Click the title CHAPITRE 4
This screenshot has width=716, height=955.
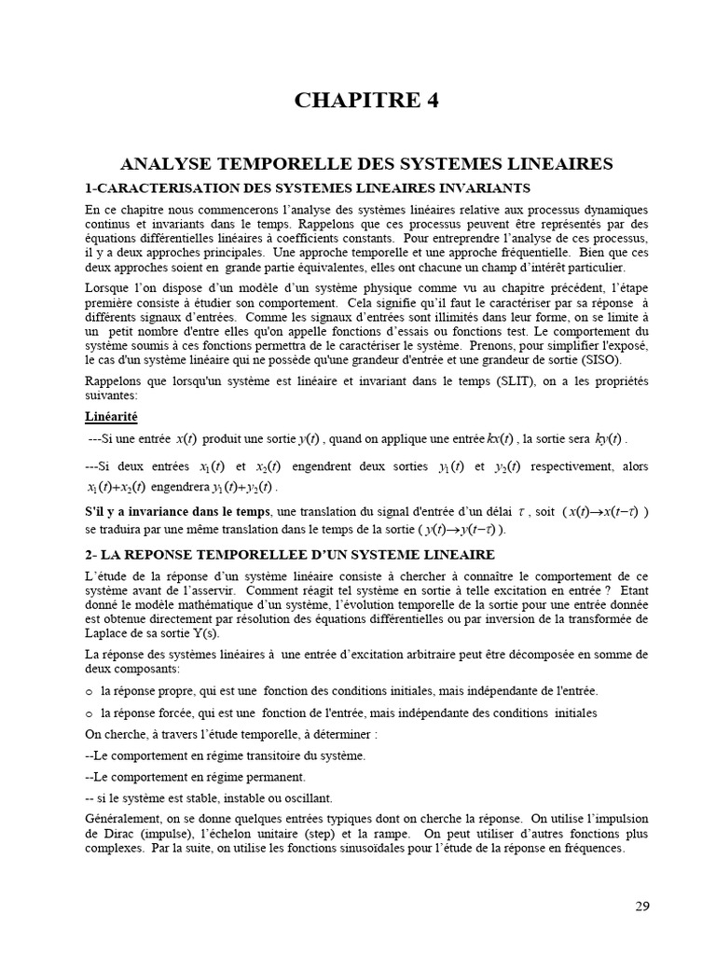(366, 101)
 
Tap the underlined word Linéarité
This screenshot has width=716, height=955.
(111, 416)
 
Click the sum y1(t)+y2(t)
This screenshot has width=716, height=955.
(243, 487)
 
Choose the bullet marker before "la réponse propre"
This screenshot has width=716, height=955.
(89, 691)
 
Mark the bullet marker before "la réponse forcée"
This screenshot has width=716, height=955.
(89, 713)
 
